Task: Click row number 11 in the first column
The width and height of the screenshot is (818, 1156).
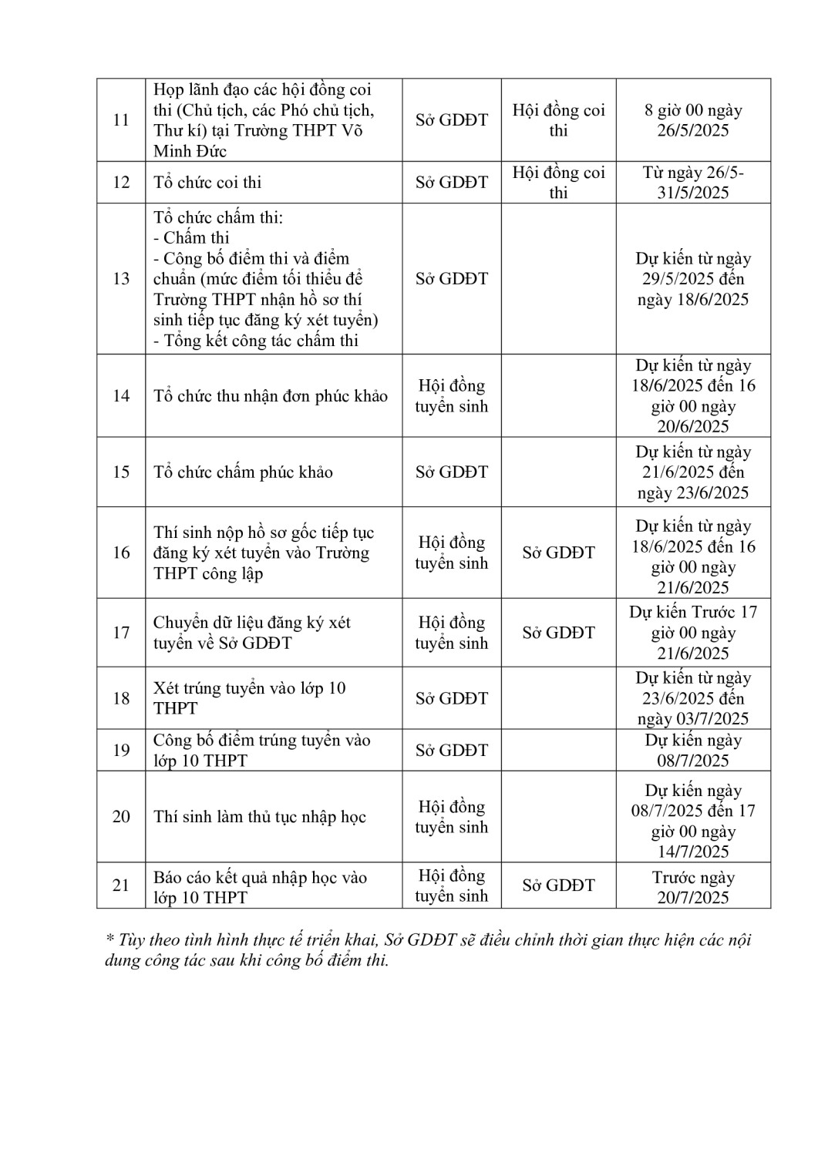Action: point(121,120)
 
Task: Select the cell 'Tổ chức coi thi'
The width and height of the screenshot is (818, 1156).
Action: point(207,183)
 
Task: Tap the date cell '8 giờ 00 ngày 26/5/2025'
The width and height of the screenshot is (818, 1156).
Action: point(693,120)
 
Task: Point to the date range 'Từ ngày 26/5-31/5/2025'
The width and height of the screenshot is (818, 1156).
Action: point(693,183)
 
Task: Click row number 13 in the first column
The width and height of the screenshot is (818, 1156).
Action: point(121,279)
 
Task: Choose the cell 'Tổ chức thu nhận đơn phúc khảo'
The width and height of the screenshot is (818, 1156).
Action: point(271,396)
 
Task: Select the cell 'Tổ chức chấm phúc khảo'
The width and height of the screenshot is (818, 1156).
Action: point(243,472)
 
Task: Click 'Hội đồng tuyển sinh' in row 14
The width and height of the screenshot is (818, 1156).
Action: point(451,396)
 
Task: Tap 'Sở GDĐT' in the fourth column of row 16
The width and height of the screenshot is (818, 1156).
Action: point(558,553)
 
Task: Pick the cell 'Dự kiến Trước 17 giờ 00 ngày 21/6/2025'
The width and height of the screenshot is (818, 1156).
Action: point(693,633)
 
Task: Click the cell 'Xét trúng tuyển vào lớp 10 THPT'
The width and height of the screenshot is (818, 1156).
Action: point(249,698)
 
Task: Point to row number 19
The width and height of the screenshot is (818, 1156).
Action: point(121,751)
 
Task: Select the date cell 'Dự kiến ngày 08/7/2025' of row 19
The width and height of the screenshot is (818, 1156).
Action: point(693,751)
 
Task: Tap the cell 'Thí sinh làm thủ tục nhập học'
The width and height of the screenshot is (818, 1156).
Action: point(259,817)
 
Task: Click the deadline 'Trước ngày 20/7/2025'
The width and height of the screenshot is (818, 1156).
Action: point(693,887)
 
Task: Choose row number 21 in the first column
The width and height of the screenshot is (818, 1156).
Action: point(121,885)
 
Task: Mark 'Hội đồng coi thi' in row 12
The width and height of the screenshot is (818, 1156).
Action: point(558,183)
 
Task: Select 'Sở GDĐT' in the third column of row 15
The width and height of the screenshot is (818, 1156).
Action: point(451,472)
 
